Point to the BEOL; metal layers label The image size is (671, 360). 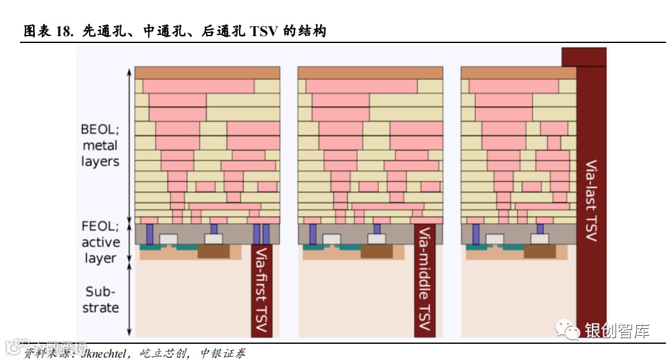(x=100, y=145)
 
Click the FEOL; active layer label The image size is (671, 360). (x=100, y=242)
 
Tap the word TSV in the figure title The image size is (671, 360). (x=264, y=31)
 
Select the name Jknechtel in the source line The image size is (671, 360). (x=103, y=353)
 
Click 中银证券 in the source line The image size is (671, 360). (x=223, y=353)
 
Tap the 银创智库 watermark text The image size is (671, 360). (x=617, y=330)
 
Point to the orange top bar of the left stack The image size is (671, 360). (x=207, y=72)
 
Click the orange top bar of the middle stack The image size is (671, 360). (x=370, y=72)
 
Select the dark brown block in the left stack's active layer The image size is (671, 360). (x=212, y=252)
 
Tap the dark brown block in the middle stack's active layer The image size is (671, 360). (x=376, y=252)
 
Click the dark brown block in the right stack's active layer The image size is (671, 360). (x=539, y=252)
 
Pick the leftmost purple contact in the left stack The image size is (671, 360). (x=150, y=234)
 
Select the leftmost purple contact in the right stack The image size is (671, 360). (x=476, y=234)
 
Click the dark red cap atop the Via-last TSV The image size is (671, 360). (x=583, y=57)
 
